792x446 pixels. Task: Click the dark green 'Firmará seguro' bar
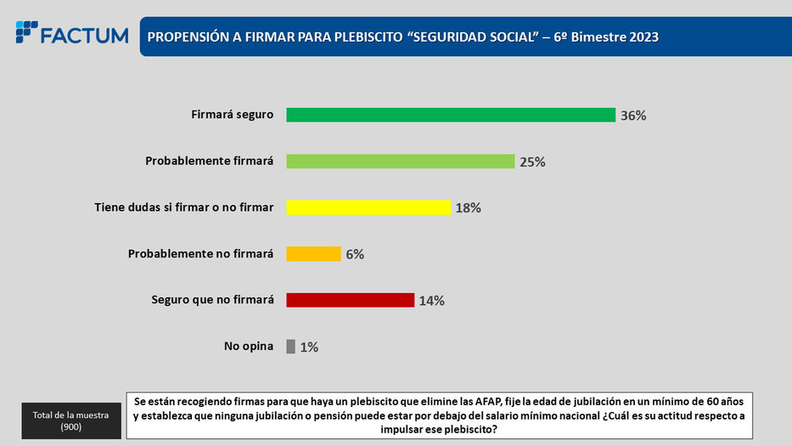tap(450, 115)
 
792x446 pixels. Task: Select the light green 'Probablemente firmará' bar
tap(401, 161)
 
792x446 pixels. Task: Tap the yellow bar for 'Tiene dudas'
tap(368, 207)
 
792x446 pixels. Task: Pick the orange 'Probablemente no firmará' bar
tap(313, 253)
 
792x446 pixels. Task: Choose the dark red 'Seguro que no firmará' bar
tap(350, 300)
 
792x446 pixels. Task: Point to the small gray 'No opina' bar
tap(291, 346)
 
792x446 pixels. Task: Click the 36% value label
tap(633, 116)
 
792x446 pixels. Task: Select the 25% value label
tap(532, 161)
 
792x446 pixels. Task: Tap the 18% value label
tap(468, 207)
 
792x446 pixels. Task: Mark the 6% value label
tap(354, 254)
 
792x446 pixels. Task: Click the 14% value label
tap(431, 300)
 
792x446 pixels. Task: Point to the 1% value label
tap(309, 347)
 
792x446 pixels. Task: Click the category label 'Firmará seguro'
tap(232, 115)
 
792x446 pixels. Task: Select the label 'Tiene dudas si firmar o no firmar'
tap(183, 206)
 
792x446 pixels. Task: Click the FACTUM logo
tap(72, 34)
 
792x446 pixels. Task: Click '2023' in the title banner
tap(642, 37)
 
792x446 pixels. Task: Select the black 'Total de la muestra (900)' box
tap(70, 420)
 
